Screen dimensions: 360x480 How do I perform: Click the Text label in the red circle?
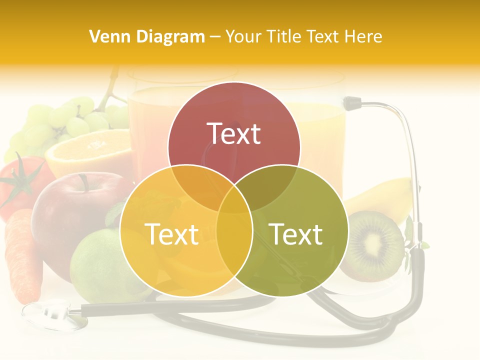[x=234, y=133]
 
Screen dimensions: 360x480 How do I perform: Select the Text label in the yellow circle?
[x=171, y=234]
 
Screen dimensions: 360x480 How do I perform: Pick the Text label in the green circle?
[x=296, y=234]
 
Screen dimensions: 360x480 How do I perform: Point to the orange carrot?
[x=22, y=255]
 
